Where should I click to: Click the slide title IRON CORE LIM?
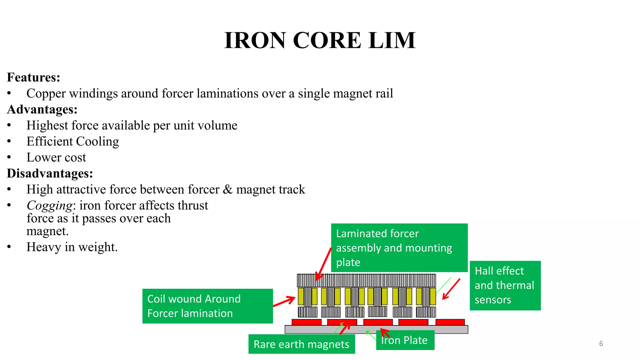point(320,41)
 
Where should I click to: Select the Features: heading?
point(33,77)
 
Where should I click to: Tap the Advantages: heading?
point(42,109)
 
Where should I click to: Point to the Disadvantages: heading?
point(50,173)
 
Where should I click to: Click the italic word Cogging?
point(50,206)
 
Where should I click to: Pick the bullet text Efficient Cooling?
point(72,142)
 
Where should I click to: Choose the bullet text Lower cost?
point(56,157)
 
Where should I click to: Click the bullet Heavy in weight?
point(72,247)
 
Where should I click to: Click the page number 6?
point(601,344)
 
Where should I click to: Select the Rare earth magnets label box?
point(301,344)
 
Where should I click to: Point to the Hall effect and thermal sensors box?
point(505,285)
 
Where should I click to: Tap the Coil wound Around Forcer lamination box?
point(207,306)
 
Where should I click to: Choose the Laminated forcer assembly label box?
point(399,247)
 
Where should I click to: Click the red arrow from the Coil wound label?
point(284,301)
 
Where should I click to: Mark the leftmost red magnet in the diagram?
point(306,322)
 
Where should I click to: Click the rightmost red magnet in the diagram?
point(450,322)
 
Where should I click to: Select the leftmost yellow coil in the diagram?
point(301,296)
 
